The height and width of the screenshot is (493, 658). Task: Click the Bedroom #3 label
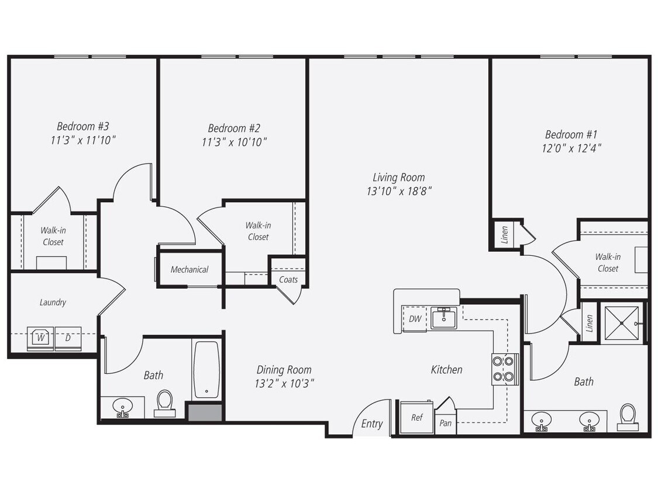(82, 126)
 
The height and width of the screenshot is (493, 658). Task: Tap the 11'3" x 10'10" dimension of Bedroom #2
(234, 142)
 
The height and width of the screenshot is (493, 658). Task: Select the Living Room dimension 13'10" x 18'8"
(399, 191)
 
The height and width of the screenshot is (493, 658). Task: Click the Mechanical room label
(189, 269)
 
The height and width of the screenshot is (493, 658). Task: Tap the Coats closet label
(288, 280)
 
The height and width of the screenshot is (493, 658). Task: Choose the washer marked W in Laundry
(40, 339)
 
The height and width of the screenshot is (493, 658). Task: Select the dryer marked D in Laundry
(68, 339)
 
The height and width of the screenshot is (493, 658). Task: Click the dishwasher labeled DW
(415, 319)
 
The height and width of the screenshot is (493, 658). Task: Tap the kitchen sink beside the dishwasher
(444, 318)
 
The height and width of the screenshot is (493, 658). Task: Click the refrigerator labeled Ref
(416, 418)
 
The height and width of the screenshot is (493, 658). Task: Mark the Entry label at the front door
(371, 424)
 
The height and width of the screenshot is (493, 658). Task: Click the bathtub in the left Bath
(206, 370)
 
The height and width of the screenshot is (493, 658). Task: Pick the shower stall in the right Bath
(622, 322)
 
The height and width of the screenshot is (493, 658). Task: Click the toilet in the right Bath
(628, 416)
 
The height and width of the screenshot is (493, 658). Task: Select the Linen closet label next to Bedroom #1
(505, 234)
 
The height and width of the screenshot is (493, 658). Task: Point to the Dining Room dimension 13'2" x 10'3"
(284, 384)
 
